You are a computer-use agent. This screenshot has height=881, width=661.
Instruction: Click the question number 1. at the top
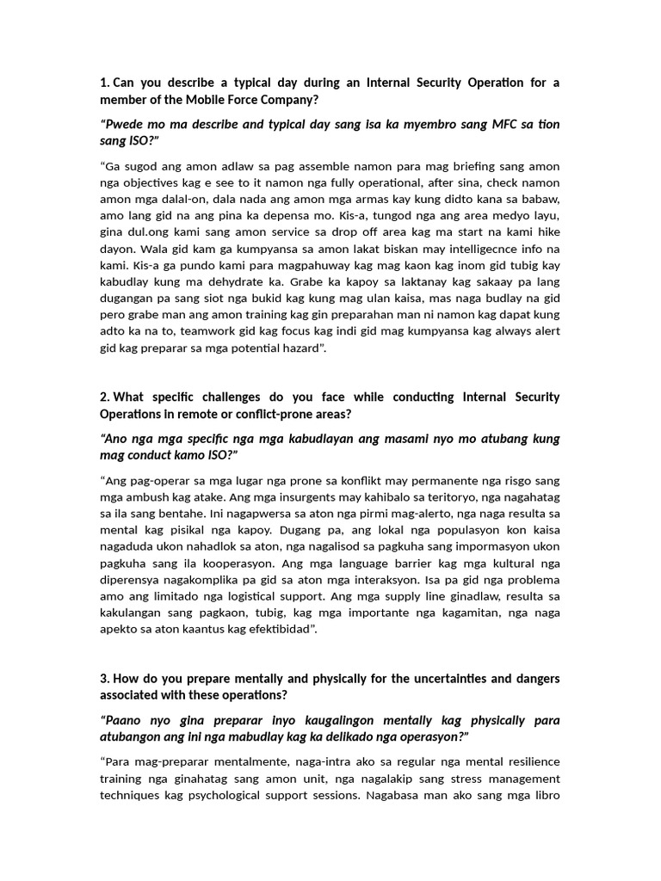tap(105, 83)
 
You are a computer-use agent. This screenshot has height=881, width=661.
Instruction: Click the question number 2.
tap(105, 397)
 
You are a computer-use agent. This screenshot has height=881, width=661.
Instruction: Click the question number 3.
tap(105, 679)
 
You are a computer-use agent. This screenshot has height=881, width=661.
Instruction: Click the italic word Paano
tap(127, 721)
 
